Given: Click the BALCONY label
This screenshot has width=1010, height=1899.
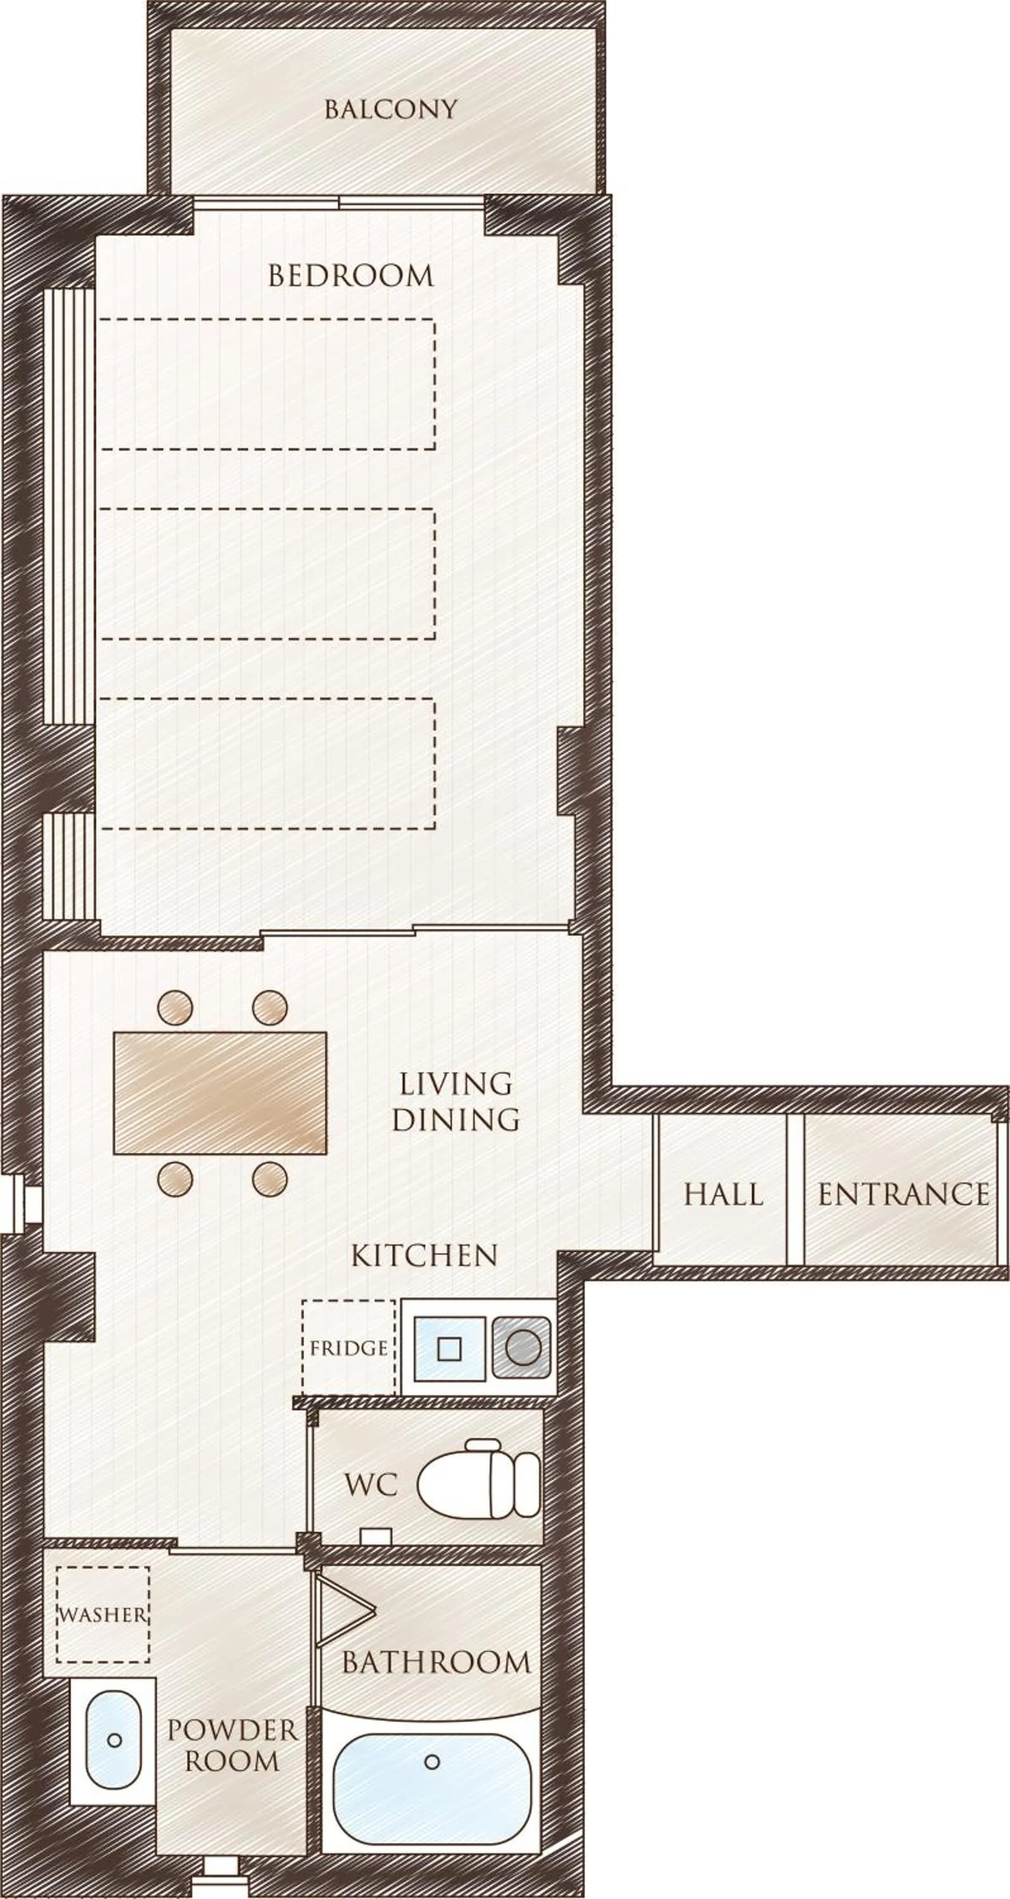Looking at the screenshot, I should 390,110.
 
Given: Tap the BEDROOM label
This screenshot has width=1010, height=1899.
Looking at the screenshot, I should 351,276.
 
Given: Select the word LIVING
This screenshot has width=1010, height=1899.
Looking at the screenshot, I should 456,1084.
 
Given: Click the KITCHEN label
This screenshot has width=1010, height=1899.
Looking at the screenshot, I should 425,1255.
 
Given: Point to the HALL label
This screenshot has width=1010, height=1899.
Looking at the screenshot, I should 723,1195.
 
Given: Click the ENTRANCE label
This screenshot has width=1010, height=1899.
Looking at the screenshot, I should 903,1195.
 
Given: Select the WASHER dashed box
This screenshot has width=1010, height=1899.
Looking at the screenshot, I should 103,1614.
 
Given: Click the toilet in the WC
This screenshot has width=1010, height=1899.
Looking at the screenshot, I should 478,1484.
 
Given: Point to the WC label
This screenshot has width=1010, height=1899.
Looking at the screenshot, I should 371,1484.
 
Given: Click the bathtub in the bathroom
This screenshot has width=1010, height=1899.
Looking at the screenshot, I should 432,1779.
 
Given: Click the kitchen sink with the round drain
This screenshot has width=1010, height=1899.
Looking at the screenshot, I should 522,1348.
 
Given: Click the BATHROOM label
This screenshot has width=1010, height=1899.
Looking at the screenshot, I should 435,1662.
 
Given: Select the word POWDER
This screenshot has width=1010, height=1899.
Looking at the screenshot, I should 232,1729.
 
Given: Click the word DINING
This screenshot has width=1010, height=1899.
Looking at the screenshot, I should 456,1119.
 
